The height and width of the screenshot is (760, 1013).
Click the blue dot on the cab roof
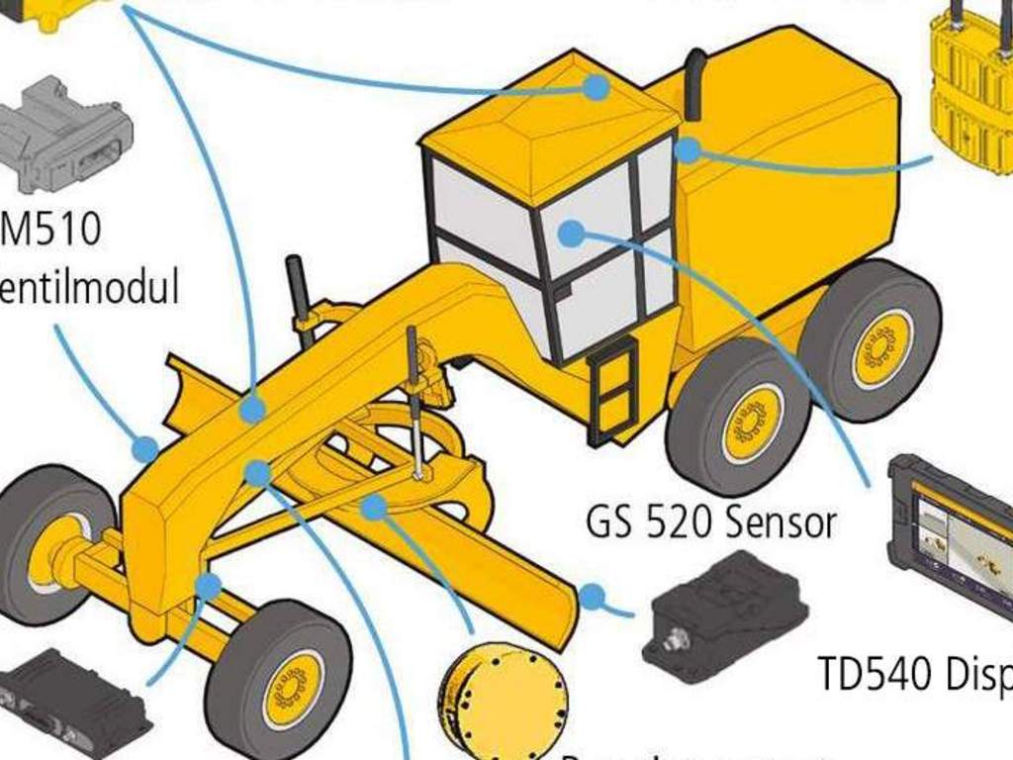596,87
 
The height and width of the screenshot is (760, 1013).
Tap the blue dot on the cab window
571,234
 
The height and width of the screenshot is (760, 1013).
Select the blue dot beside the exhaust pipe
688,150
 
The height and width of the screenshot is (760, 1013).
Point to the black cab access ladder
611,389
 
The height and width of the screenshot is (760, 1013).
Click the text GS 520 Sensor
711,522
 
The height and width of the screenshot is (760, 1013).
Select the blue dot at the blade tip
592,597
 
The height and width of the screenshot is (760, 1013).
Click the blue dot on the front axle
208,586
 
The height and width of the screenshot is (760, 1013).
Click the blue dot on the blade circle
373,508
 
